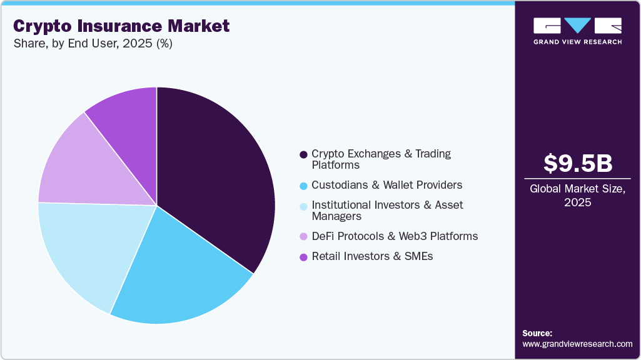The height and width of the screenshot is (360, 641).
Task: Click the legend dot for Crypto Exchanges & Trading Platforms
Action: point(303,154)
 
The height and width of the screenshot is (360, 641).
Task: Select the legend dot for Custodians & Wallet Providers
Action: point(303,186)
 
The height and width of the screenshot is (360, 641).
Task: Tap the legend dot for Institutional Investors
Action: point(303,206)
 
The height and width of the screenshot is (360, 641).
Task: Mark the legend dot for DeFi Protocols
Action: point(303,237)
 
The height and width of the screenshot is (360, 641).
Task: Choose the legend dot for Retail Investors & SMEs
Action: point(303,256)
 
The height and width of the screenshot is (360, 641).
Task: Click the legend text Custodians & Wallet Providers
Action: point(386,185)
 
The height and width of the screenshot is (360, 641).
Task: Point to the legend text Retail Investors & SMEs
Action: point(372,256)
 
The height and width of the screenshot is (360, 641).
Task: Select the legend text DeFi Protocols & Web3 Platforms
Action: point(395,236)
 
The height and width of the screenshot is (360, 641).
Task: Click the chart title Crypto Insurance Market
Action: point(121,26)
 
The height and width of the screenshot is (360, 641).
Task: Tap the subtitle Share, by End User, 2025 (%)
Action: point(93,44)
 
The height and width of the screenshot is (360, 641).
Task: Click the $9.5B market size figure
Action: point(577,164)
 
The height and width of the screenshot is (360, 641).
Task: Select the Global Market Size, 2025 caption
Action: point(577,196)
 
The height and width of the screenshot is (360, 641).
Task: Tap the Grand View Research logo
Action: point(577,31)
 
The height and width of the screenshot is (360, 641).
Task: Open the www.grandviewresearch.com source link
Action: point(577,344)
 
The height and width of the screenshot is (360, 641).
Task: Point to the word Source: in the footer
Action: point(537,333)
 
